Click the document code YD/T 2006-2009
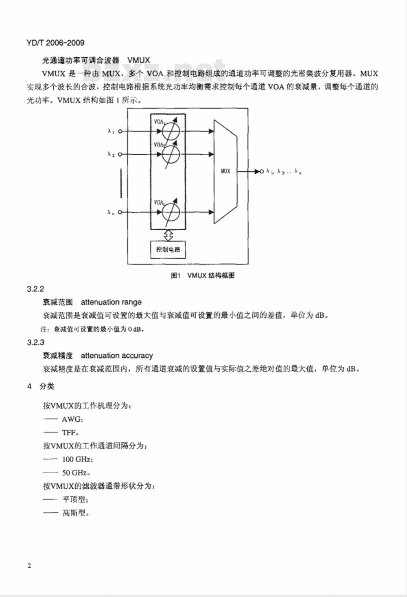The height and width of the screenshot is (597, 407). click(x=55, y=43)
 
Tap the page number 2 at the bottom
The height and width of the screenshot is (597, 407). click(x=29, y=566)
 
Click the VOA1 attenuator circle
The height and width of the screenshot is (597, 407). click(x=171, y=131)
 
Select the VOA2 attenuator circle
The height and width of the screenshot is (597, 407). click(x=171, y=154)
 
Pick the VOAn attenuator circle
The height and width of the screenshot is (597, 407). click(x=171, y=212)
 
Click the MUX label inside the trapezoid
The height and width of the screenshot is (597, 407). click(x=225, y=171)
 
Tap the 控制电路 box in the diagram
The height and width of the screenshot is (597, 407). click(x=168, y=249)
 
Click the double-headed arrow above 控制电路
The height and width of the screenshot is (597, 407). click(x=168, y=235)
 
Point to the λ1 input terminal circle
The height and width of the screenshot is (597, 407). click(x=120, y=131)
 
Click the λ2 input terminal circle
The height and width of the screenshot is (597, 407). click(x=120, y=154)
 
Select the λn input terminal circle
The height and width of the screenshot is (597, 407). click(x=120, y=212)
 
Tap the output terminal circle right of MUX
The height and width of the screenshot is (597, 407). click(x=262, y=172)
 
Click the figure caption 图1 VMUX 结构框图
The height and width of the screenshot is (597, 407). click(x=203, y=276)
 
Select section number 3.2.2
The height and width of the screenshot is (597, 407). click(x=35, y=289)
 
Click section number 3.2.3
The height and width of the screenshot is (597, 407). click(x=35, y=342)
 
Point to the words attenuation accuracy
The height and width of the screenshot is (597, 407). click(x=117, y=356)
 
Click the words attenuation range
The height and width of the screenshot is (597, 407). click(x=111, y=302)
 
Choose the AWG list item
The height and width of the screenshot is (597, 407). click(x=72, y=419)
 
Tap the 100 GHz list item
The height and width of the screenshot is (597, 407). click(x=78, y=459)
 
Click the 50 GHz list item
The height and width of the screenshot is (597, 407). click(x=76, y=472)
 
